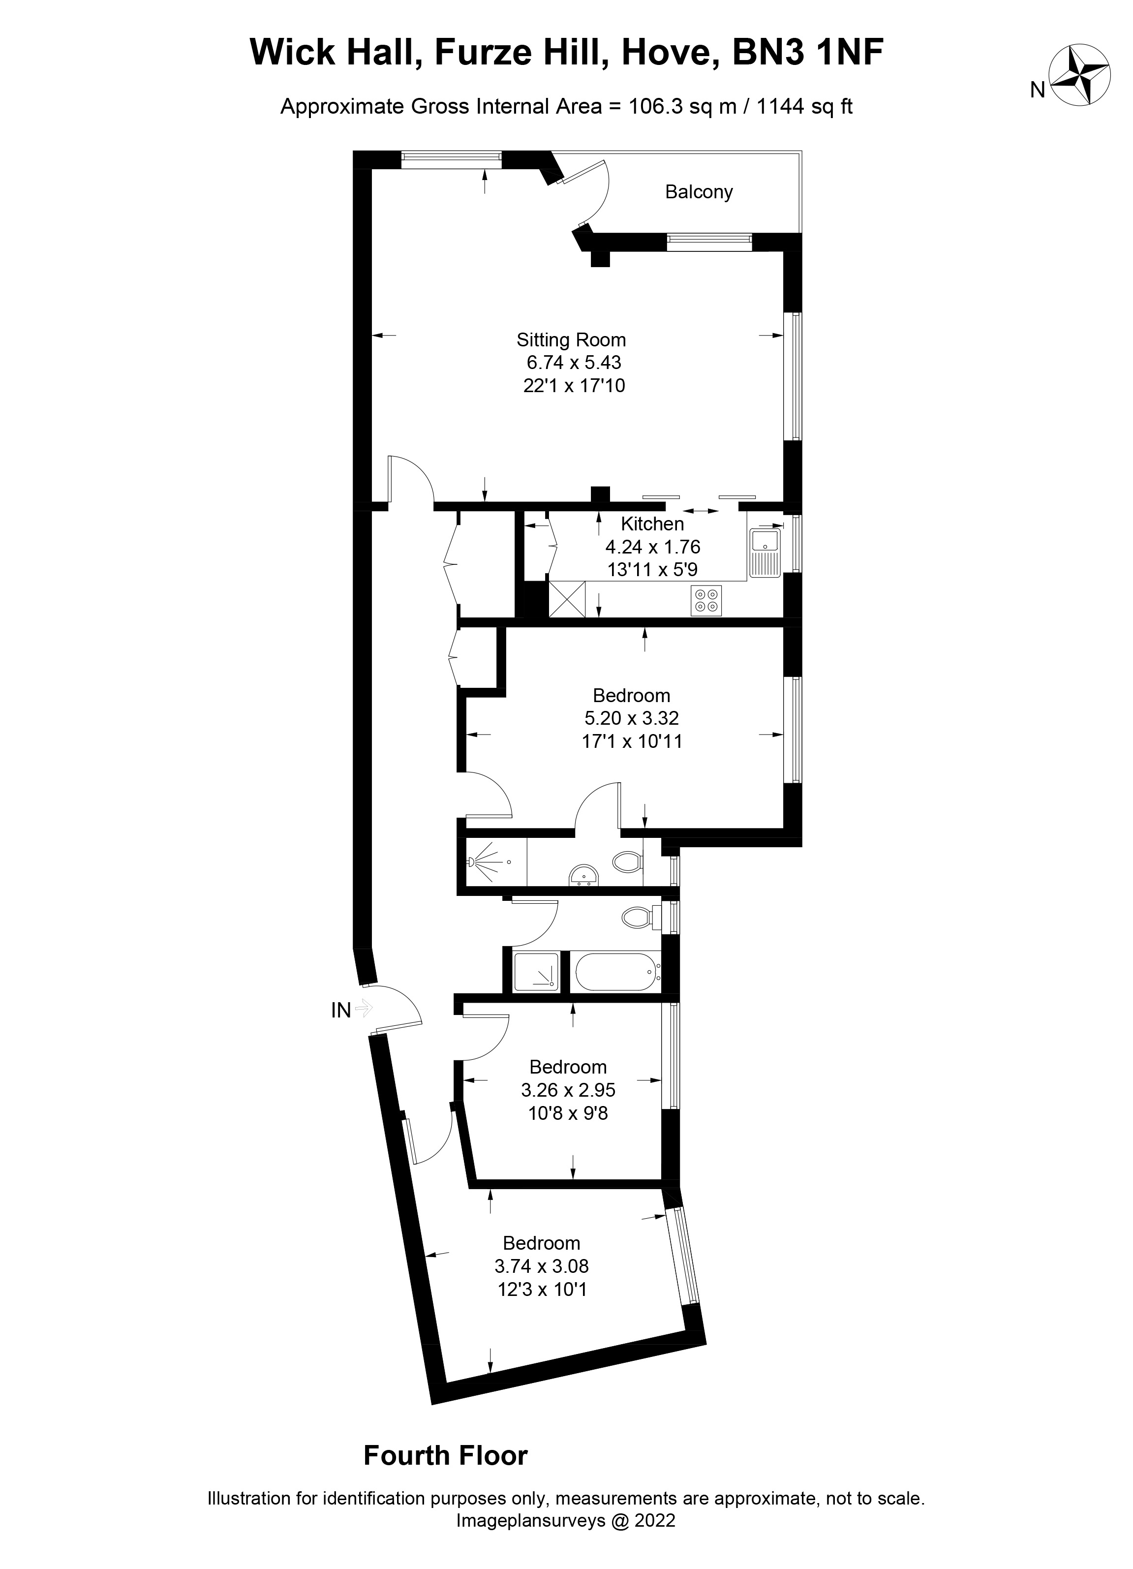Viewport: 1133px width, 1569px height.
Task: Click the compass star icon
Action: click(1080, 75)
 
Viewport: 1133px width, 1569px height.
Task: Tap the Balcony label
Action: click(699, 191)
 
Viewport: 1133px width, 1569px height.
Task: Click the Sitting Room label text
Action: click(571, 339)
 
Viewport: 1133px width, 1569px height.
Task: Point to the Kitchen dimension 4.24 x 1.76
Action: click(652, 547)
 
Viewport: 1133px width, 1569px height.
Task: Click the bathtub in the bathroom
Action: click(616, 973)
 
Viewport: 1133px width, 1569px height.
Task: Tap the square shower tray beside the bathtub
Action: click(535, 973)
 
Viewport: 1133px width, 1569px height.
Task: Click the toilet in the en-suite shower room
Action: click(627, 862)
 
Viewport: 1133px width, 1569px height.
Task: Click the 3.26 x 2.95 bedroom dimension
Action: click(568, 1090)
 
